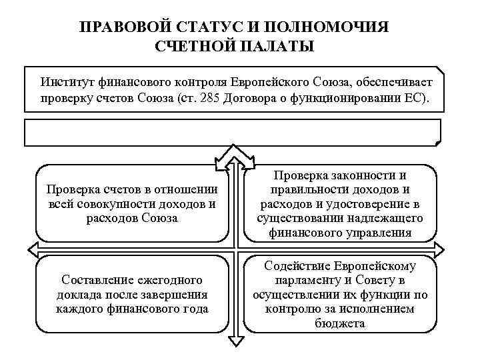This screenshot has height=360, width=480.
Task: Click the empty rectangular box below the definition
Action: (x=233, y=132)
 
